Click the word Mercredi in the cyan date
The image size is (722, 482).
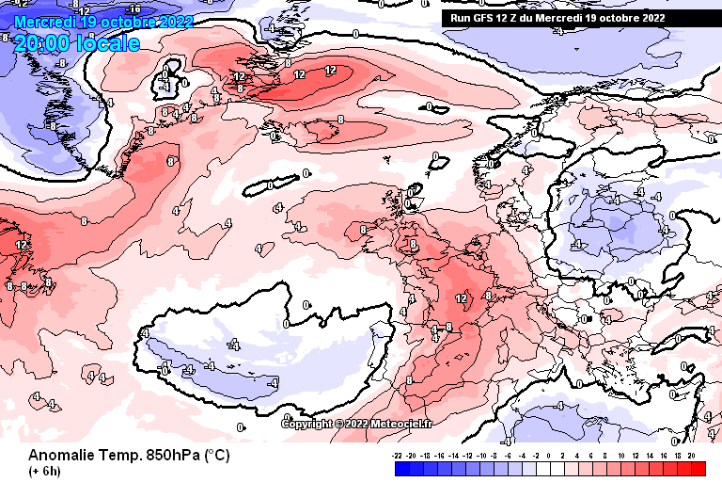[x=45, y=21]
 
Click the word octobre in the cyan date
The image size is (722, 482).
[x=126, y=21]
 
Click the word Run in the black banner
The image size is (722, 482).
[x=462, y=17]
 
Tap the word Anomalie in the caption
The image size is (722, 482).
[x=62, y=455]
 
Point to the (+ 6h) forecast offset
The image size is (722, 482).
[x=45, y=471]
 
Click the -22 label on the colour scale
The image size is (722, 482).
[x=398, y=455]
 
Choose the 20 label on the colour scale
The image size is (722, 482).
[x=691, y=455]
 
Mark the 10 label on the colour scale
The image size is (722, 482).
[x=621, y=455]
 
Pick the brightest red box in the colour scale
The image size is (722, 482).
[x=697, y=468]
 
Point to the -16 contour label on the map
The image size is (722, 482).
[x=133, y=8]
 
